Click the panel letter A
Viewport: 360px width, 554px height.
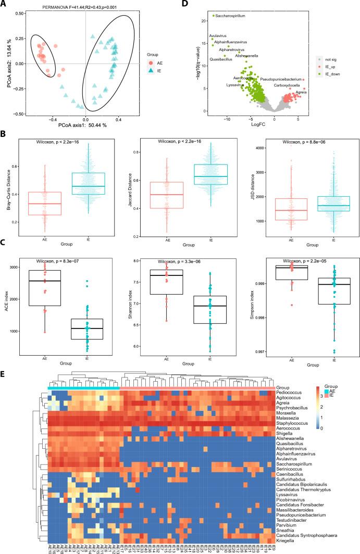pyautogui.click(x=4, y=5)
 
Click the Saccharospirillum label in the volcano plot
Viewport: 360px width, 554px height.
pyautogui.click(x=231, y=16)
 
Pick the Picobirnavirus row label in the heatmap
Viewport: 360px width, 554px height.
pyautogui.click(x=293, y=490)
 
